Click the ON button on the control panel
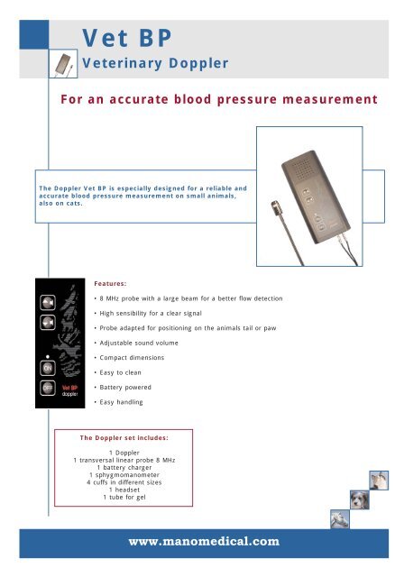click(47, 368)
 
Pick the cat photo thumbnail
click(376, 481)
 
